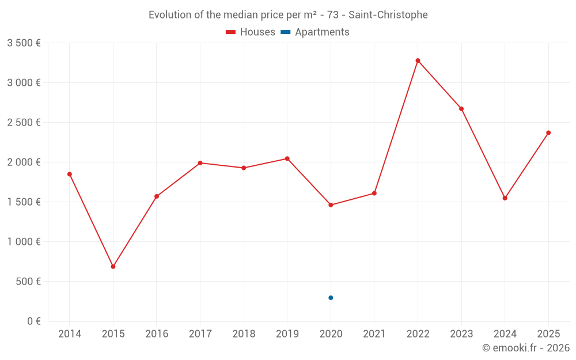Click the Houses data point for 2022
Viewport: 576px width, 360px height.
coord(418,60)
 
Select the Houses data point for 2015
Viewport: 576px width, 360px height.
coord(113,267)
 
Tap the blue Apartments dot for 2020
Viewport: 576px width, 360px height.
coord(331,298)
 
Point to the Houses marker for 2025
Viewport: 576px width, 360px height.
coord(548,133)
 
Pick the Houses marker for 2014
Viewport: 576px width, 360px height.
coord(70,174)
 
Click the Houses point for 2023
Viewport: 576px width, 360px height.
coord(461,109)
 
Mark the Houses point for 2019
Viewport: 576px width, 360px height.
coord(287,158)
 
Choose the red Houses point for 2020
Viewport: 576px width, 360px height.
coord(331,205)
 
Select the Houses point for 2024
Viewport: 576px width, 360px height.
coord(505,198)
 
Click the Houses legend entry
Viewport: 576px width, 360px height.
coord(251,32)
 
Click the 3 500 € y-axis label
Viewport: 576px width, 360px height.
coord(24,43)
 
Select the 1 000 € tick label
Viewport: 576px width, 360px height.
coord(24,242)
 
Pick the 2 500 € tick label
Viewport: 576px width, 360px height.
coord(24,123)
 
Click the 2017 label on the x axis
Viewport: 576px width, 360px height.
coord(200,334)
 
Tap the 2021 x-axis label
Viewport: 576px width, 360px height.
coord(374,334)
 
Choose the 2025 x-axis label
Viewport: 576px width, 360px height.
coord(548,334)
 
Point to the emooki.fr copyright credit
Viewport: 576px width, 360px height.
coord(526,348)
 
